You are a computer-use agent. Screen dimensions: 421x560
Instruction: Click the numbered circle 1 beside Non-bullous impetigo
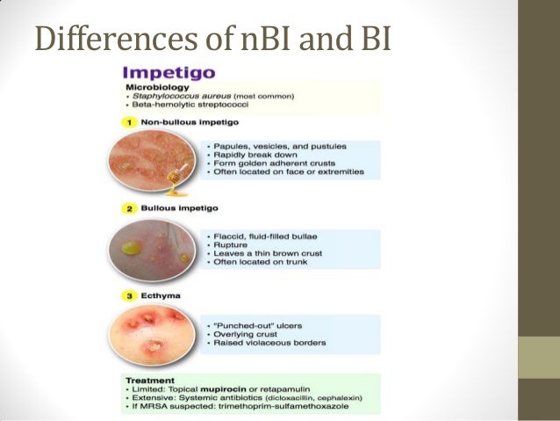click(x=130, y=120)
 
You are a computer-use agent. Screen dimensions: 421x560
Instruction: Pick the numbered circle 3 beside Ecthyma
click(x=130, y=296)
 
